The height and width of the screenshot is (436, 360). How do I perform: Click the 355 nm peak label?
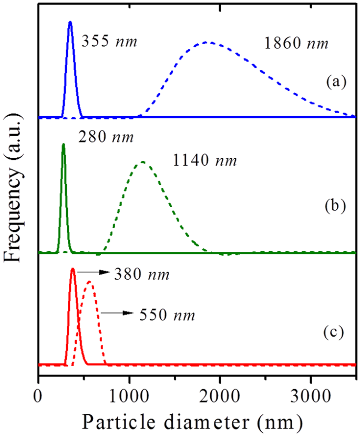(109, 41)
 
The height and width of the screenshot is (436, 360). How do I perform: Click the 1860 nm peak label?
(295, 45)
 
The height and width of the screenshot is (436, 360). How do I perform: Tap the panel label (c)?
(334, 332)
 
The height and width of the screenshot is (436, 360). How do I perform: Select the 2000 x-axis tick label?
(220, 393)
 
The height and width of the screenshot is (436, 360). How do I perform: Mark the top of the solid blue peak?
(70, 22)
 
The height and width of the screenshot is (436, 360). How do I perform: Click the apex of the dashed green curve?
(142, 162)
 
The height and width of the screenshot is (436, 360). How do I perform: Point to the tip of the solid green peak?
(63, 144)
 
